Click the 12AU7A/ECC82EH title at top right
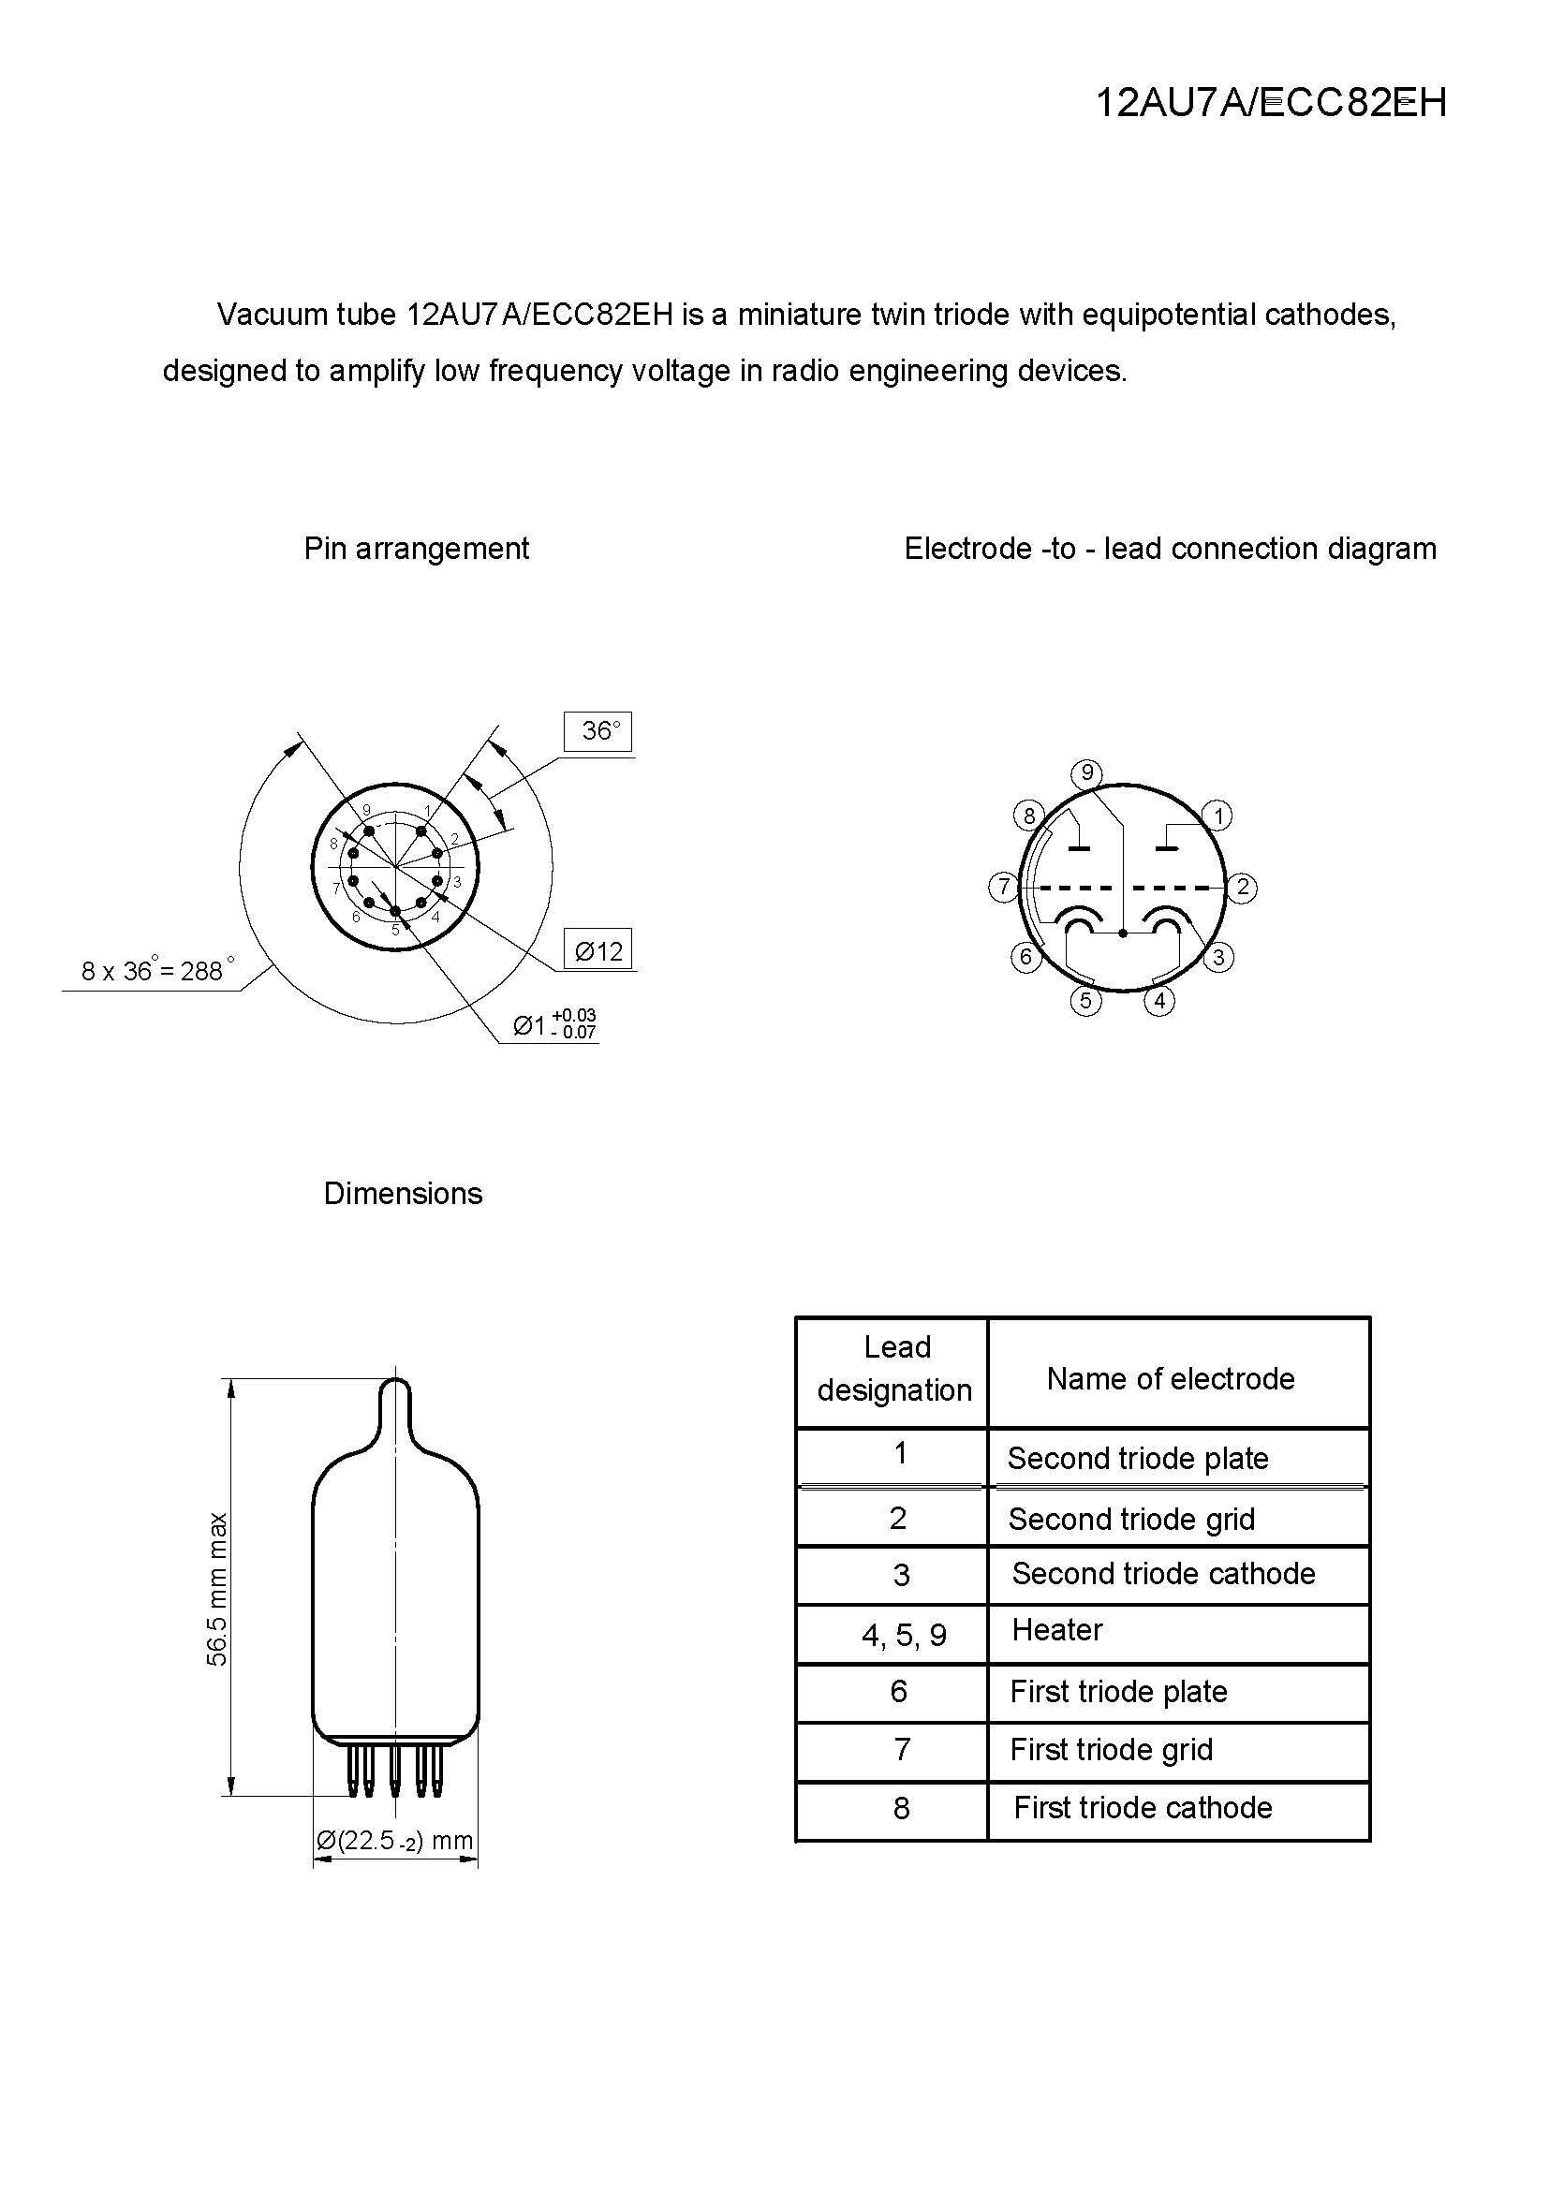(x=1271, y=103)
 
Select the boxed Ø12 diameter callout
(x=598, y=950)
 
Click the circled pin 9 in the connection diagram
(x=1086, y=772)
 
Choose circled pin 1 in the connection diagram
(x=1218, y=816)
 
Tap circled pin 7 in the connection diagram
(x=1002, y=887)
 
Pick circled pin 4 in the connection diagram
(x=1159, y=1001)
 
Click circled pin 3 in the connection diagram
(x=1218, y=957)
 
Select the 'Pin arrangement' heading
(x=416, y=549)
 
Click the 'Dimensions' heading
(x=403, y=1193)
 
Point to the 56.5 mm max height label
(x=217, y=1588)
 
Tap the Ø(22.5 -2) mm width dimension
(x=395, y=1840)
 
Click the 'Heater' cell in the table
(x=1056, y=1630)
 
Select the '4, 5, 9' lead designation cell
(x=903, y=1635)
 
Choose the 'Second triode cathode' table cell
(x=1163, y=1573)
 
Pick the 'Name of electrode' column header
(x=1171, y=1378)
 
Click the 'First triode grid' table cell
(x=1112, y=1749)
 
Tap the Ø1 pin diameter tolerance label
(x=553, y=1024)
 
